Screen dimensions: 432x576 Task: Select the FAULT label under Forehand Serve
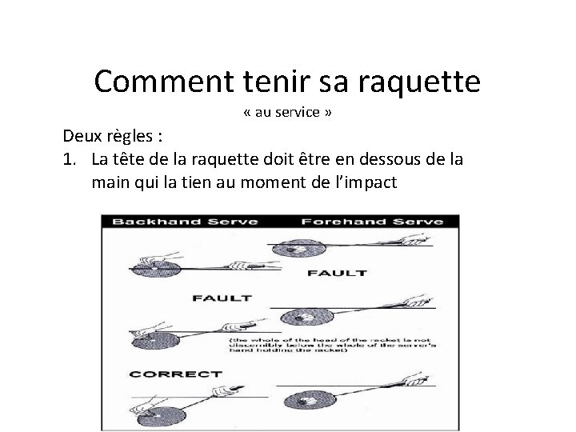338,273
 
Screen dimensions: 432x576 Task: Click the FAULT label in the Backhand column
222,298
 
